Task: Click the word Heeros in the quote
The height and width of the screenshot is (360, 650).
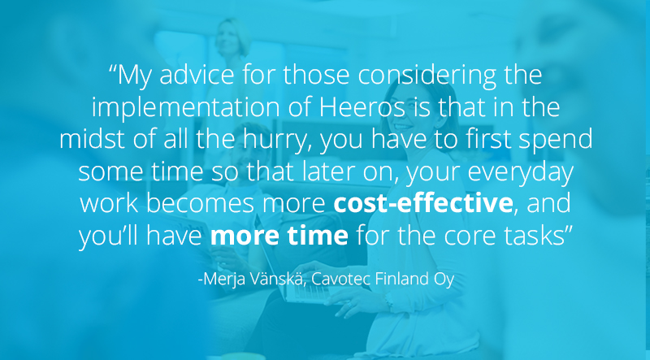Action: tap(362, 106)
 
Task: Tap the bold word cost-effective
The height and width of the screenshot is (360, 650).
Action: tap(423, 203)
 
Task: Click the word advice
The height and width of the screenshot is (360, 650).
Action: tap(197, 75)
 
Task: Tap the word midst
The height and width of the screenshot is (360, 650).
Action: tap(92, 139)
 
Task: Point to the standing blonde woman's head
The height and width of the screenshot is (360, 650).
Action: tap(232, 37)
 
